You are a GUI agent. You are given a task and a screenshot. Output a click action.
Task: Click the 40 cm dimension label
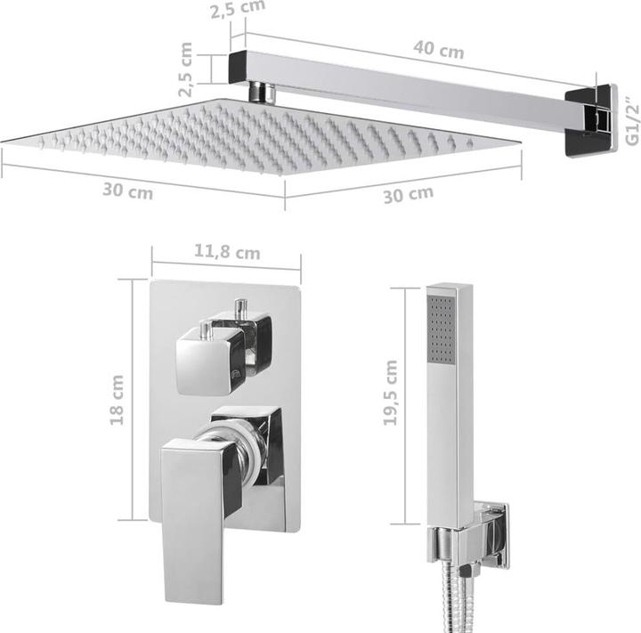pos(438,51)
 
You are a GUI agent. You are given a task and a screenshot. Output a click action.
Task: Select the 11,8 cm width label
pos(226,253)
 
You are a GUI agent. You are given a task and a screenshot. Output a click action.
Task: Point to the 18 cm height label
pos(118,400)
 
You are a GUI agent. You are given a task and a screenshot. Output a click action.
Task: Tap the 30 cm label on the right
pos(408,193)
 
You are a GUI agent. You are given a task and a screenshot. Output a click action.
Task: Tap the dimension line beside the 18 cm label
pos(134,400)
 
